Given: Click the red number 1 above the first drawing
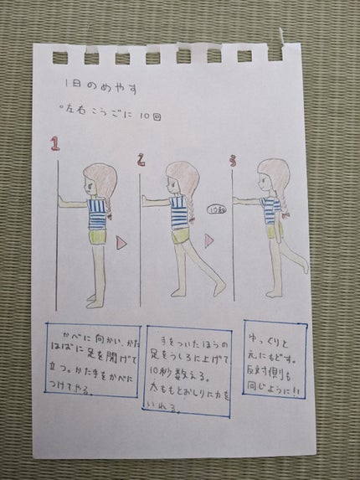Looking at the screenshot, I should [56, 145].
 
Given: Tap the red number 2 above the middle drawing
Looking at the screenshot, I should [141, 156].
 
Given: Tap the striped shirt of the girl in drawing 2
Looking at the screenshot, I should [178, 213].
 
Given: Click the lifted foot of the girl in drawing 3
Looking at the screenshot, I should [305, 267].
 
